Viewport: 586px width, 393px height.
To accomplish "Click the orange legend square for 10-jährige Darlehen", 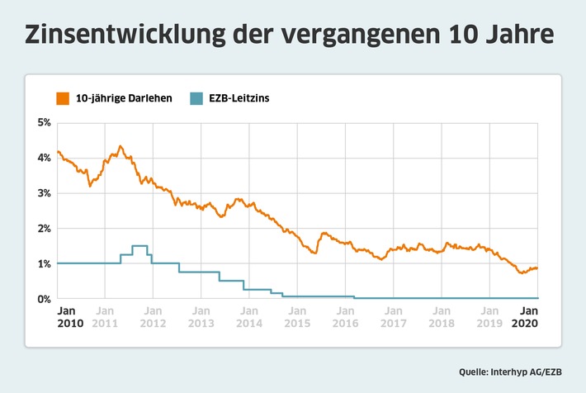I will pos(63,97).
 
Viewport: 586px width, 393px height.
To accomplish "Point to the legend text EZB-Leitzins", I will pos(241,98).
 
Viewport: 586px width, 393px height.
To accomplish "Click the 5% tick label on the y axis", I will pos(43,123).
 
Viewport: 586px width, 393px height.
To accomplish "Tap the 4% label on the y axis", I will pos(43,159).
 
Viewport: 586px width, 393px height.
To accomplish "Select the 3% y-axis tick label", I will pos(43,193).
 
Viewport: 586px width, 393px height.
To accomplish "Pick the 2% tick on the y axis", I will pos(43,229).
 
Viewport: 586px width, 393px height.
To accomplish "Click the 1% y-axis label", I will pos(43,263).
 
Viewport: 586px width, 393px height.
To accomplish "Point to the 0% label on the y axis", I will pos(43,299).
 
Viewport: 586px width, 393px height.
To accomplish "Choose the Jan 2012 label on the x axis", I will pos(153,317).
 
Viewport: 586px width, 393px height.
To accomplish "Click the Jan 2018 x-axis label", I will pos(443,317).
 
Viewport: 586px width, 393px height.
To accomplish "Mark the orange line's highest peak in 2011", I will pos(121,146).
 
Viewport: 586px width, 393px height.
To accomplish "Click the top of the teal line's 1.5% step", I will pos(139,246).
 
